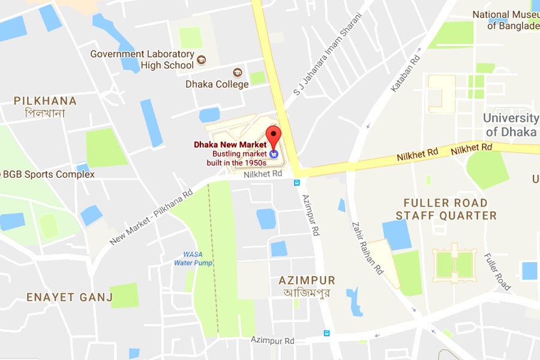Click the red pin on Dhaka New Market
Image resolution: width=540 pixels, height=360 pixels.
(x=274, y=136)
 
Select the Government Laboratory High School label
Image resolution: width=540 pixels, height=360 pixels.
(x=142, y=59)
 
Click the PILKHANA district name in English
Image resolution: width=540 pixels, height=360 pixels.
(x=45, y=101)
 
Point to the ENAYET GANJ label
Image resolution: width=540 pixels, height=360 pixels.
(x=70, y=297)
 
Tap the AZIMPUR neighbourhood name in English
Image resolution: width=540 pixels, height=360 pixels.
(x=307, y=281)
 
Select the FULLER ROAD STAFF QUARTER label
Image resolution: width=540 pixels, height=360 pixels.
(x=446, y=209)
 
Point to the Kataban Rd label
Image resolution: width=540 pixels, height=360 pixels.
(x=406, y=74)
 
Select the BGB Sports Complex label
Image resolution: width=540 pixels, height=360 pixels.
(x=48, y=175)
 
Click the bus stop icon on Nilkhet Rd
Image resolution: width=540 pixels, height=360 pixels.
(x=296, y=182)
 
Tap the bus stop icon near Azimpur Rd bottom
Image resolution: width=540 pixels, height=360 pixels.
(x=326, y=333)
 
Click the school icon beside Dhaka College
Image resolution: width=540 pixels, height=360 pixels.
(x=238, y=73)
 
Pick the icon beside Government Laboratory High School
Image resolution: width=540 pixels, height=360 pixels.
(x=201, y=59)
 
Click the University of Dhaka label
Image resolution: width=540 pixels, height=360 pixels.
(x=511, y=125)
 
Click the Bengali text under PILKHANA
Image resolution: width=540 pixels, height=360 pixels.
(x=45, y=113)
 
